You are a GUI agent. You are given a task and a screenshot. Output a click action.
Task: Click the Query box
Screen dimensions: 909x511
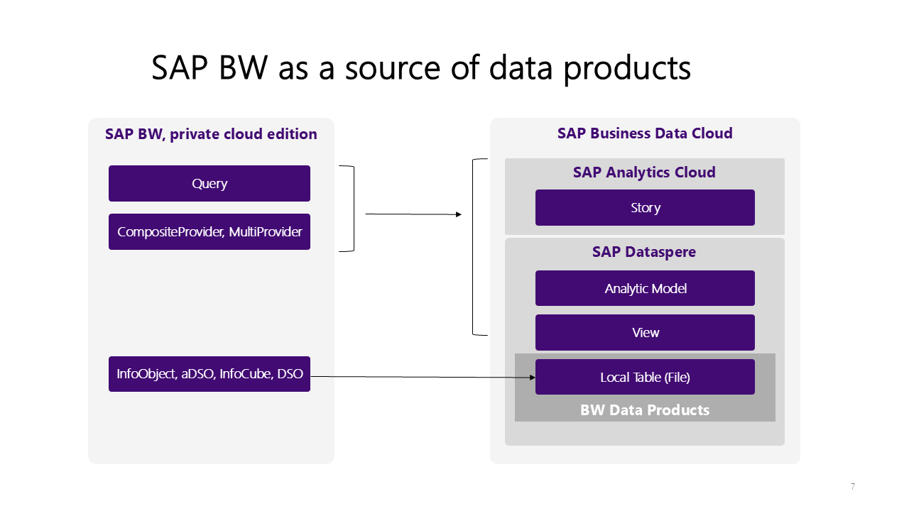[x=209, y=183]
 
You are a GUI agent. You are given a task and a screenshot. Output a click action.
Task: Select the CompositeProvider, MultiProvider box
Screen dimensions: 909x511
[x=209, y=231]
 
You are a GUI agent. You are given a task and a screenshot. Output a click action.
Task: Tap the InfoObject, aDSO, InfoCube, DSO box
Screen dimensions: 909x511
[x=209, y=374]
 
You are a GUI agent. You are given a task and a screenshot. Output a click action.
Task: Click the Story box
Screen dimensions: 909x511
[x=646, y=208]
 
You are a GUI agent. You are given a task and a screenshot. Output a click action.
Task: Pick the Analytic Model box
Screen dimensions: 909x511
[x=646, y=288]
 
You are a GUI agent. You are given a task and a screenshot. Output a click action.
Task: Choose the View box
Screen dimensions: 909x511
[x=646, y=333]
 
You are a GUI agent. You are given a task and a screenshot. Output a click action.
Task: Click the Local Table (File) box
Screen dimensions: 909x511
[x=646, y=377]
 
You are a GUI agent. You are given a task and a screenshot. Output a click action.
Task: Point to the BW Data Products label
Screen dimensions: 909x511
[x=645, y=410]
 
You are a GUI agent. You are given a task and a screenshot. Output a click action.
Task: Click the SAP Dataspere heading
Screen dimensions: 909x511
[x=644, y=252]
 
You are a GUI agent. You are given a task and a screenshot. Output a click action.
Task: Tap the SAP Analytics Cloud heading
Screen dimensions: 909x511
[x=644, y=172]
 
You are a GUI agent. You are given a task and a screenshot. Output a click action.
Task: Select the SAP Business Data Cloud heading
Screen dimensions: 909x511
[x=645, y=133]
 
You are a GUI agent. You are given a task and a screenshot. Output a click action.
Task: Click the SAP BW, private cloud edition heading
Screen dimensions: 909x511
[x=211, y=134]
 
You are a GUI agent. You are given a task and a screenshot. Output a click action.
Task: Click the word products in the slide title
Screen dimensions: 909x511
[x=627, y=68]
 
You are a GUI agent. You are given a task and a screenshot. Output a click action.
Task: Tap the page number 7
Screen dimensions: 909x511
[x=853, y=486]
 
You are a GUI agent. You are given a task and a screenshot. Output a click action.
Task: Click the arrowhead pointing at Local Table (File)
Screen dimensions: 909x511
[x=533, y=378]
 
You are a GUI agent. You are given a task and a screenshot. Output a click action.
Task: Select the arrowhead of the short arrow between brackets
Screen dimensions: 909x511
[x=459, y=214]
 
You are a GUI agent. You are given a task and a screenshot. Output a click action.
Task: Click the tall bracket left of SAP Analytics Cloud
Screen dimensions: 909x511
[x=473, y=247]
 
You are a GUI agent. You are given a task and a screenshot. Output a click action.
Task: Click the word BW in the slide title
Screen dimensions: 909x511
[x=243, y=67]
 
